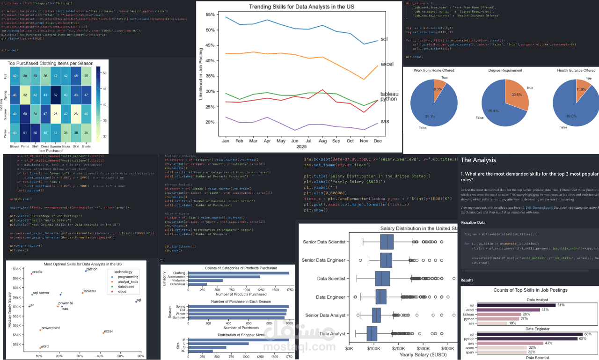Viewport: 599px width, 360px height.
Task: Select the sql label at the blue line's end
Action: tap(384, 39)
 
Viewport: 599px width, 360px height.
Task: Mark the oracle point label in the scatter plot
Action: tap(37, 272)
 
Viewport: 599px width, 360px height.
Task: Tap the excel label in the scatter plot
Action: tap(108, 331)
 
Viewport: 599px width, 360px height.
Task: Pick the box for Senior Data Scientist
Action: tap(387, 242)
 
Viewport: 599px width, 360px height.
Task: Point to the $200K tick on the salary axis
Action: tap(398, 349)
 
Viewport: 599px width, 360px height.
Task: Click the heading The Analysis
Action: tap(478, 160)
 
